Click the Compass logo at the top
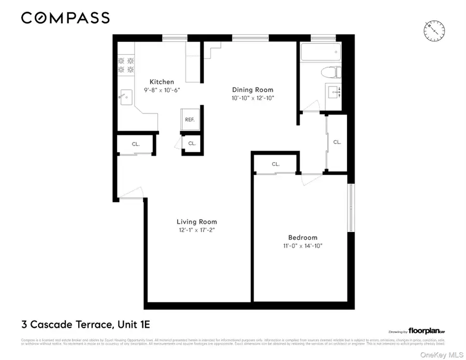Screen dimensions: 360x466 click(x=65, y=18)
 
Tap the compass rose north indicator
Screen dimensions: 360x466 click(x=434, y=31)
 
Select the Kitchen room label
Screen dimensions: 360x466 click(x=162, y=82)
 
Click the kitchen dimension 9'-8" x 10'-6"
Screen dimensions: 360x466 click(x=162, y=90)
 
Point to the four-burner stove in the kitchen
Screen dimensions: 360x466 click(x=124, y=64)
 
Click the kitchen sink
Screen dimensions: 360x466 click(x=126, y=97)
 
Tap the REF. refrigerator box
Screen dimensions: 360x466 click(x=190, y=120)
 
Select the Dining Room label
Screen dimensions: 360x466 click(x=252, y=90)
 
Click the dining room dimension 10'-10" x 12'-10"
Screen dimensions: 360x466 click(x=252, y=97)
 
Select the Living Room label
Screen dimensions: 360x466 click(x=197, y=222)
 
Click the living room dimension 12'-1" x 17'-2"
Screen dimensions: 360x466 click(x=197, y=229)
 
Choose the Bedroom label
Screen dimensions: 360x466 click(x=303, y=238)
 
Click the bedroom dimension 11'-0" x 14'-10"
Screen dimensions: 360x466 click(x=303, y=246)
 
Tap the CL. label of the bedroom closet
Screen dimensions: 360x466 click(x=275, y=164)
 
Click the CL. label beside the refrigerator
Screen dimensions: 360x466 click(x=192, y=143)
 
